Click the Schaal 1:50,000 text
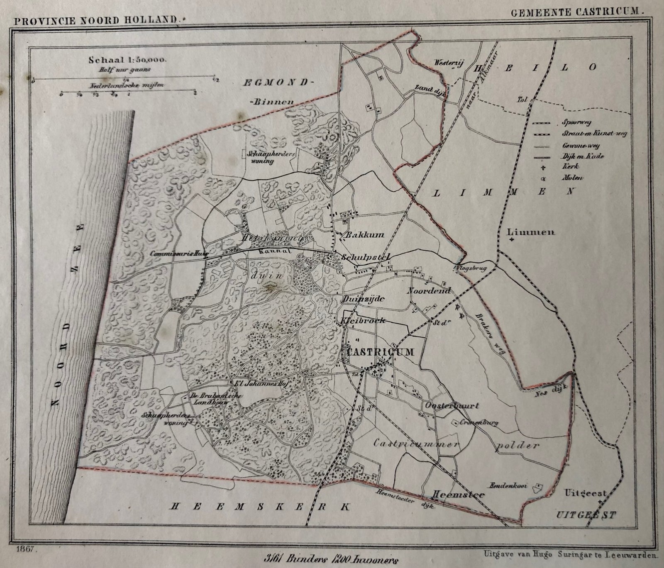click(x=127, y=60)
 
